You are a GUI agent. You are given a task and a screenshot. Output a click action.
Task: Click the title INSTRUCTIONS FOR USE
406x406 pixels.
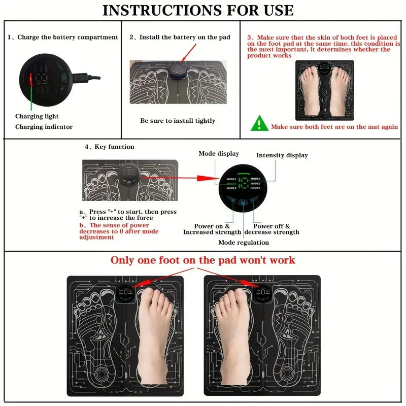[198, 10]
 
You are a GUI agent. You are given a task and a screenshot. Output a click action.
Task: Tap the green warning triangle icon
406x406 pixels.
[259, 123]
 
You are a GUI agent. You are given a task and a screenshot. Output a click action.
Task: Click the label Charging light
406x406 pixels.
[37, 116]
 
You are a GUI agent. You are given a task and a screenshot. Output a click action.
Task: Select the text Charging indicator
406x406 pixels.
[44, 127]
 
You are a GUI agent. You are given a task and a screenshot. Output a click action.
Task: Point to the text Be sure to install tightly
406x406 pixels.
[178, 121]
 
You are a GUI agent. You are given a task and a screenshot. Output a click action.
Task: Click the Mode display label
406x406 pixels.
[218, 154]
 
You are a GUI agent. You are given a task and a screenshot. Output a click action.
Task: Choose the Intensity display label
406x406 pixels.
[282, 155]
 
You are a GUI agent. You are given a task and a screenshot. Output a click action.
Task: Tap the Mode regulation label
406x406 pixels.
[244, 243]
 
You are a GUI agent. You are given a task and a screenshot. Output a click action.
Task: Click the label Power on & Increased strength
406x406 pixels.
[212, 229]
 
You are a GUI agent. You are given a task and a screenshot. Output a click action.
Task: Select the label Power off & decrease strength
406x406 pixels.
[272, 229]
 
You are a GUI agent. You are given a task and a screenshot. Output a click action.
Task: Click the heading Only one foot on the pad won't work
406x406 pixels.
[202, 260]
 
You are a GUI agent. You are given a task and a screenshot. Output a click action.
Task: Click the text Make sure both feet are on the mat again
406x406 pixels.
[334, 127]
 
